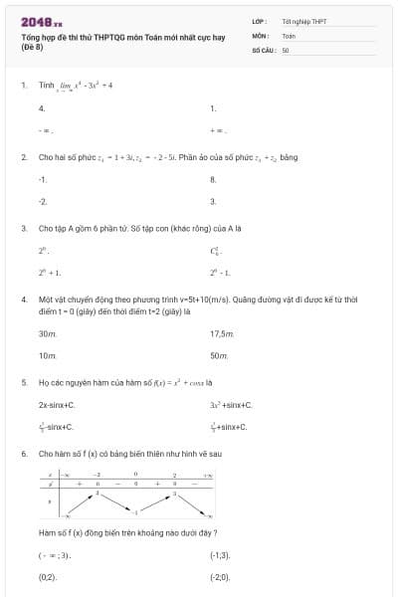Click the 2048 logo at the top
pyautogui.click(x=41, y=21)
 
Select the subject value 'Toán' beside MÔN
pyautogui.click(x=289, y=35)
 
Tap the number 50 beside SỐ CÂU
pyautogui.click(x=286, y=48)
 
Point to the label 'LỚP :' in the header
pyautogui.click(x=260, y=20)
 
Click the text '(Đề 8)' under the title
pyautogui.click(x=33, y=48)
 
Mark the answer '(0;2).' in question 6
pyautogui.click(x=48, y=576)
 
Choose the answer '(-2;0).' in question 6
pyautogui.click(x=220, y=576)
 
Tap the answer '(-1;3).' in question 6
pyautogui.click(x=220, y=555)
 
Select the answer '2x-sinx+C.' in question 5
pyautogui.click(x=57, y=405)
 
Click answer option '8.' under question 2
pyautogui.click(x=213, y=180)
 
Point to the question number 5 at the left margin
pyautogui.click(x=23, y=381)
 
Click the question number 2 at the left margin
pyautogui.click(x=23, y=157)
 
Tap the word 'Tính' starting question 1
pyautogui.click(x=46, y=86)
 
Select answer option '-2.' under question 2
pyautogui.click(x=43, y=201)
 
